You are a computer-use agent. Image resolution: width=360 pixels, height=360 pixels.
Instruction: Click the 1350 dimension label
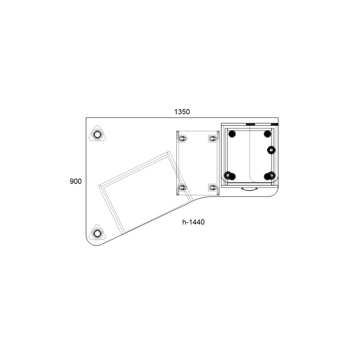point(182,112)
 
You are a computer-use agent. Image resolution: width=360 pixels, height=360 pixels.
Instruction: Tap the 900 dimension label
point(76,182)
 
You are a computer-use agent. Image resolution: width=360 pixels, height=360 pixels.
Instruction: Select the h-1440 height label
point(193,222)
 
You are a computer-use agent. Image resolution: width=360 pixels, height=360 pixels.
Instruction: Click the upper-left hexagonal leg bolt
point(97,135)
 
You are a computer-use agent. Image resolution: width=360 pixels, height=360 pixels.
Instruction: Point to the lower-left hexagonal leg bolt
point(97,233)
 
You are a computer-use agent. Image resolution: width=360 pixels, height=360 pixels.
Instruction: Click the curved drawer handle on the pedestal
point(249,189)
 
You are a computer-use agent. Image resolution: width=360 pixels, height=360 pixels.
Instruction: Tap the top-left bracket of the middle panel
point(182,138)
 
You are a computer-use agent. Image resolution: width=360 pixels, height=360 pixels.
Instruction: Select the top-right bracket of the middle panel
point(213,138)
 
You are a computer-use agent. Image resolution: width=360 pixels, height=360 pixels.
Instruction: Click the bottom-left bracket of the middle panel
point(182,187)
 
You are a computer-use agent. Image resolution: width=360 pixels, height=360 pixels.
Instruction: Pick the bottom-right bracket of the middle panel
point(213,187)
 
